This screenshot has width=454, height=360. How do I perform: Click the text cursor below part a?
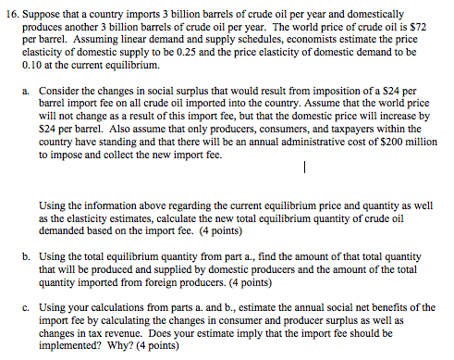[x=303, y=168]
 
